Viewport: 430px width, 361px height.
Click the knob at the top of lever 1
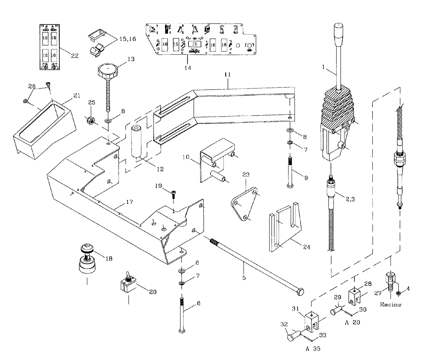tap(338, 33)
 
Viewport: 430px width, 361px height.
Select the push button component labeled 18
tap(87, 260)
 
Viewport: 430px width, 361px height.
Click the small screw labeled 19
tap(173, 194)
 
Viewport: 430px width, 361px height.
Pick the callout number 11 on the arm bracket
tap(227, 75)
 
